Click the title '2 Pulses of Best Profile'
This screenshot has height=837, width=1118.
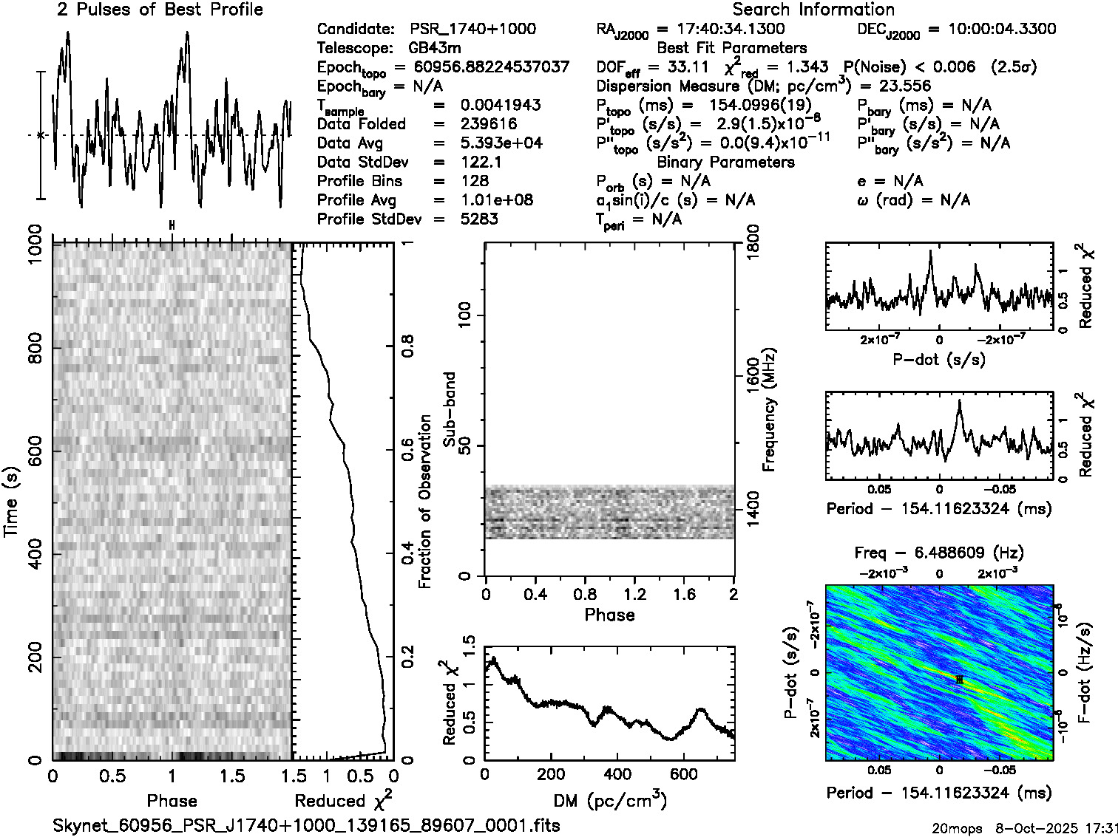click(160, 10)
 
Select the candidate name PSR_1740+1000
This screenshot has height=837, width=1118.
click(473, 29)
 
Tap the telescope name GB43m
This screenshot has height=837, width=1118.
click(435, 48)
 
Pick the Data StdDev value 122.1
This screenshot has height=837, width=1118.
click(481, 162)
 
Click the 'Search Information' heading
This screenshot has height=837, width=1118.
click(813, 10)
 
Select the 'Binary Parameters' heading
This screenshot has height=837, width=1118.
click(726, 162)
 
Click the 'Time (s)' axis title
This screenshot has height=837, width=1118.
click(12, 502)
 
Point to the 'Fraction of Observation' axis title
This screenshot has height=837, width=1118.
click(425, 502)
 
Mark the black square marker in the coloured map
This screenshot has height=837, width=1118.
click(959, 679)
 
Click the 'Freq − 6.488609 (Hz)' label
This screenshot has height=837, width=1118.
click(939, 553)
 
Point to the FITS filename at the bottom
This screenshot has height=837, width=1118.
click(306, 825)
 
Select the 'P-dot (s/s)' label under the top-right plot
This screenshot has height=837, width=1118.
click(939, 360)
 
